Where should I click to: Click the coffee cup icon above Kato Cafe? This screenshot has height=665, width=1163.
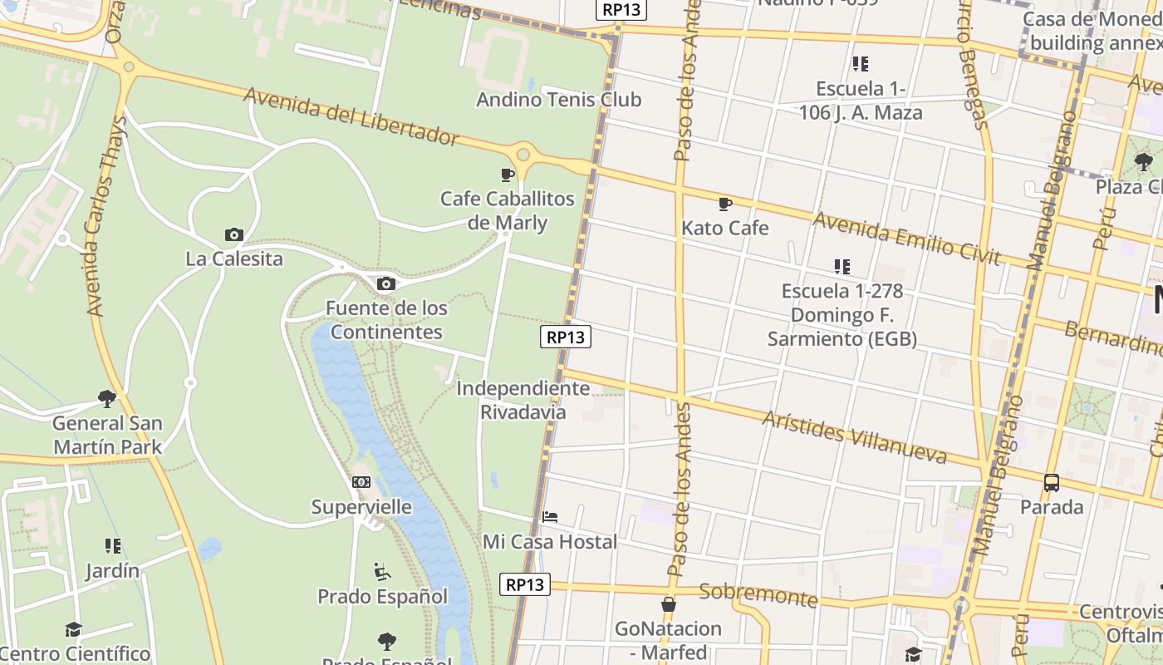[x=725, y=204]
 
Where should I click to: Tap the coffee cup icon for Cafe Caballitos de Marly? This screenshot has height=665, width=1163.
[x=508, y=175]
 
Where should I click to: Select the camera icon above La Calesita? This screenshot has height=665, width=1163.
[x=234, y=235]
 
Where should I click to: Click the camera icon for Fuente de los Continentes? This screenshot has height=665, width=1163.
[x=385, y=284]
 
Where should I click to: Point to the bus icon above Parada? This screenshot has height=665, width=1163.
[x=1052, y=482]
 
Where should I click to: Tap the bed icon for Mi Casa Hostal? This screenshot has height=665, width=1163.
[x=550, y=517]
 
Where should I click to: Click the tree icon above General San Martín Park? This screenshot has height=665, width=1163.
[x=107, y=399]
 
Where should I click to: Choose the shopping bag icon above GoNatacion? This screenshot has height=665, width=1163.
[x=669, y=604]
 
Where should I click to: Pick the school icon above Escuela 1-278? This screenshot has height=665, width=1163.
[x=842, y=267]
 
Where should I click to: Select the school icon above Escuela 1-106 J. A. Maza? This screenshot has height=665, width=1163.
[x=860, y=64]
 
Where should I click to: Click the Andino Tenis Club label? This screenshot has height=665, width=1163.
[x=558, y=100]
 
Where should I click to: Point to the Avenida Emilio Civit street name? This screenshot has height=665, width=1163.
[x=906, y=238]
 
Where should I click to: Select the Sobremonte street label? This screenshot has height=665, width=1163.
[x=758, y=594]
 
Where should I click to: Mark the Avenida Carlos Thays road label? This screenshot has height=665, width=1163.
[x=107, y=216]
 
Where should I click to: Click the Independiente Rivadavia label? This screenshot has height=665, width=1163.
[x=523, y=400]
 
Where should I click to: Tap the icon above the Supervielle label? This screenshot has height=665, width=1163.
[x=361, y=482]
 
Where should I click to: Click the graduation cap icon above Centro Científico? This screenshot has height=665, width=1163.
[x=74, y=629]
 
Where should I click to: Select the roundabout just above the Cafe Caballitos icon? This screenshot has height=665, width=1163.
[x=523, y=154]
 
